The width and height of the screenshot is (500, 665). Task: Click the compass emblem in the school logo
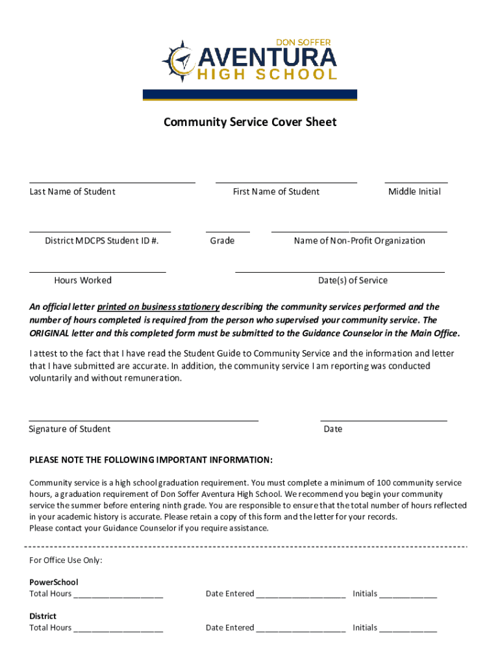[x=182, y=62]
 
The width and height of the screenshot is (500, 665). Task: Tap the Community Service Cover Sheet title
[x=250, y=122]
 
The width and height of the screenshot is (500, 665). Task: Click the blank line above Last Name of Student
[x=112, y=182]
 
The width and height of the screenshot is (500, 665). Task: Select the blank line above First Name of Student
[x=286, y=182]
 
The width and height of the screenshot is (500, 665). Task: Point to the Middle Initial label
[x=414, y=192]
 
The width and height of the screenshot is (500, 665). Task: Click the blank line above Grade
[x=227, y=231]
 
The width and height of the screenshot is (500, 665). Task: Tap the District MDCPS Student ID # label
[x=102, y=241]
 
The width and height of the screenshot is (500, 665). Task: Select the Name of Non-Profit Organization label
[x=359, y=241]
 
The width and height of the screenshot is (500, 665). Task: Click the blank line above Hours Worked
[x=97, y=271]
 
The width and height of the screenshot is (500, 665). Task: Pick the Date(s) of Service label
[x=353, y=281]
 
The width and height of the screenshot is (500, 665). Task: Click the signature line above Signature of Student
[x=144, y=420]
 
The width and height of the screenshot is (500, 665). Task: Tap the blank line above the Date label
[x=383, y=420]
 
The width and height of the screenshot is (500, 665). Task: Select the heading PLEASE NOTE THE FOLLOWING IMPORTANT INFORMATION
[x=151, y=460]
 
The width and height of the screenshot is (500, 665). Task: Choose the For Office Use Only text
[x=66, y=560]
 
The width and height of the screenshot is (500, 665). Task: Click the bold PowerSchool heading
[x=53, y=583]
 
